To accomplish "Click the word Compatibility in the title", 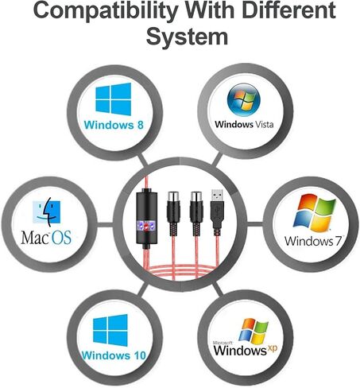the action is (106, 10).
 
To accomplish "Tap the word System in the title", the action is (187, 37).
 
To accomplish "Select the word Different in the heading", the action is (289, 10).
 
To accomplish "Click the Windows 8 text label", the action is (114, 125).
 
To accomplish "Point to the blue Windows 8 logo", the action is (114, 99).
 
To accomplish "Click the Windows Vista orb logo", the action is (244, 100).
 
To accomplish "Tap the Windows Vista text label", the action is (244, 124).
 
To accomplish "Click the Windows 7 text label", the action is (313, 241).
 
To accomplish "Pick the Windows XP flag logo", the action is (254, 331).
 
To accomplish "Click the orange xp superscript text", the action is (272, 348).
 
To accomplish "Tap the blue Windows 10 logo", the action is (110, 330).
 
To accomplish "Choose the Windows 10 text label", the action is (114, 355).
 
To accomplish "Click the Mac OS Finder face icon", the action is (47, 211).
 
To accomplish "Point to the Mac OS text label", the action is (46, 237).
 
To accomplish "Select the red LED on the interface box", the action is (145, 226).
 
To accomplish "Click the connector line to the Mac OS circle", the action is (105, 224).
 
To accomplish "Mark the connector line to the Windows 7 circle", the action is (255, 224).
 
